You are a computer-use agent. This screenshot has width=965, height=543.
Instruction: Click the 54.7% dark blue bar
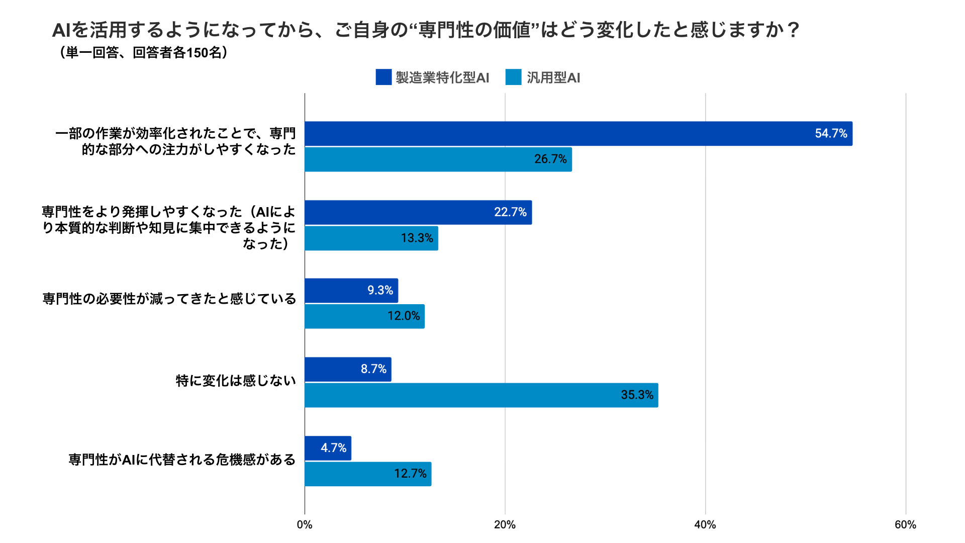[578, 134]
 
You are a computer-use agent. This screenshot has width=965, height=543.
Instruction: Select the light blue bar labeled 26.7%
[438, 159]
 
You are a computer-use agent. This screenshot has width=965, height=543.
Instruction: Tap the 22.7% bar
[418, 212]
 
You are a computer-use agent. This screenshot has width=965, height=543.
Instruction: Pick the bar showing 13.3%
[371, 238]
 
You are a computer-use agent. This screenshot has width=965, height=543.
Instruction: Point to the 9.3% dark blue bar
[351, 291]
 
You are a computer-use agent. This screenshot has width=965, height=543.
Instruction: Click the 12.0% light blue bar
[364, 316]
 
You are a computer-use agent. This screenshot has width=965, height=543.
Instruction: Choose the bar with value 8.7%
[348, 370]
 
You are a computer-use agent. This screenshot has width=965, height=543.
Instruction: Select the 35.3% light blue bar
[481, 395]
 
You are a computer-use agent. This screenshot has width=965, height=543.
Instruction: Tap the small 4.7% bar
[328, 448]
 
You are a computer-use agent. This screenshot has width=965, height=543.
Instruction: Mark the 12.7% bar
[368, 474]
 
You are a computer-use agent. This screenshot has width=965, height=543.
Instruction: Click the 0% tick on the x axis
[305, 525]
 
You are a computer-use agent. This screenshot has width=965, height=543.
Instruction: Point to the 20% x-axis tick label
[505, 525]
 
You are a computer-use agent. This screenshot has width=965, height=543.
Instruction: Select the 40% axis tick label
[705, 525]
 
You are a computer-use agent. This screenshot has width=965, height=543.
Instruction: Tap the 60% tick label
[905, 525]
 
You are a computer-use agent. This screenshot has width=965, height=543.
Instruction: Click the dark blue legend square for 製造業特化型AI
[383, 77]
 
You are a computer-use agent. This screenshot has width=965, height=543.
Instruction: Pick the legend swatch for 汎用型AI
[513, 77]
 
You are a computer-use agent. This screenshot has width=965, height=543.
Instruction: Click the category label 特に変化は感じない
[236, 381]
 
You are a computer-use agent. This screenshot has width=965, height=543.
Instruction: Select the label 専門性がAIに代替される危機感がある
[182, 460]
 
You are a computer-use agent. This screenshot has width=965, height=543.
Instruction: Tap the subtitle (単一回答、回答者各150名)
[143, 53]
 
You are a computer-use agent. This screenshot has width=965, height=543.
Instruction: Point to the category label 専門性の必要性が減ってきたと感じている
[169, 299]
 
